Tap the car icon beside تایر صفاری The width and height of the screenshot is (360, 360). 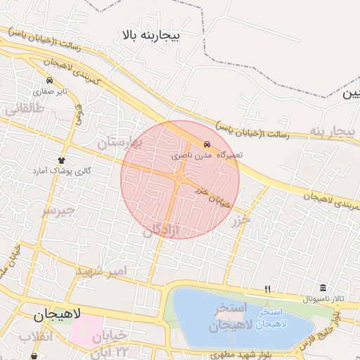click(x=49, y=80)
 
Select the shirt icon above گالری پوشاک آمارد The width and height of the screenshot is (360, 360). click(x=61, y=160)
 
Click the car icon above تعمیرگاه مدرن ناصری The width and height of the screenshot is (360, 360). click(x=205, y=143)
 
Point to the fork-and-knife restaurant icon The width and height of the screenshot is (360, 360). click(x=267, y=288)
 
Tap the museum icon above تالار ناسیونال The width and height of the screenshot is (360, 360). click(x=323, y=288)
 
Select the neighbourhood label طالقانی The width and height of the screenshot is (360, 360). click(x=25, y=108)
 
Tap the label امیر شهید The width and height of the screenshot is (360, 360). click(x=102, y=271)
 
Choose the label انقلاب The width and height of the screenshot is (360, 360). click(x=35, y=338)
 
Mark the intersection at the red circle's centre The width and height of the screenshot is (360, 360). click(x=180, y=179)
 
